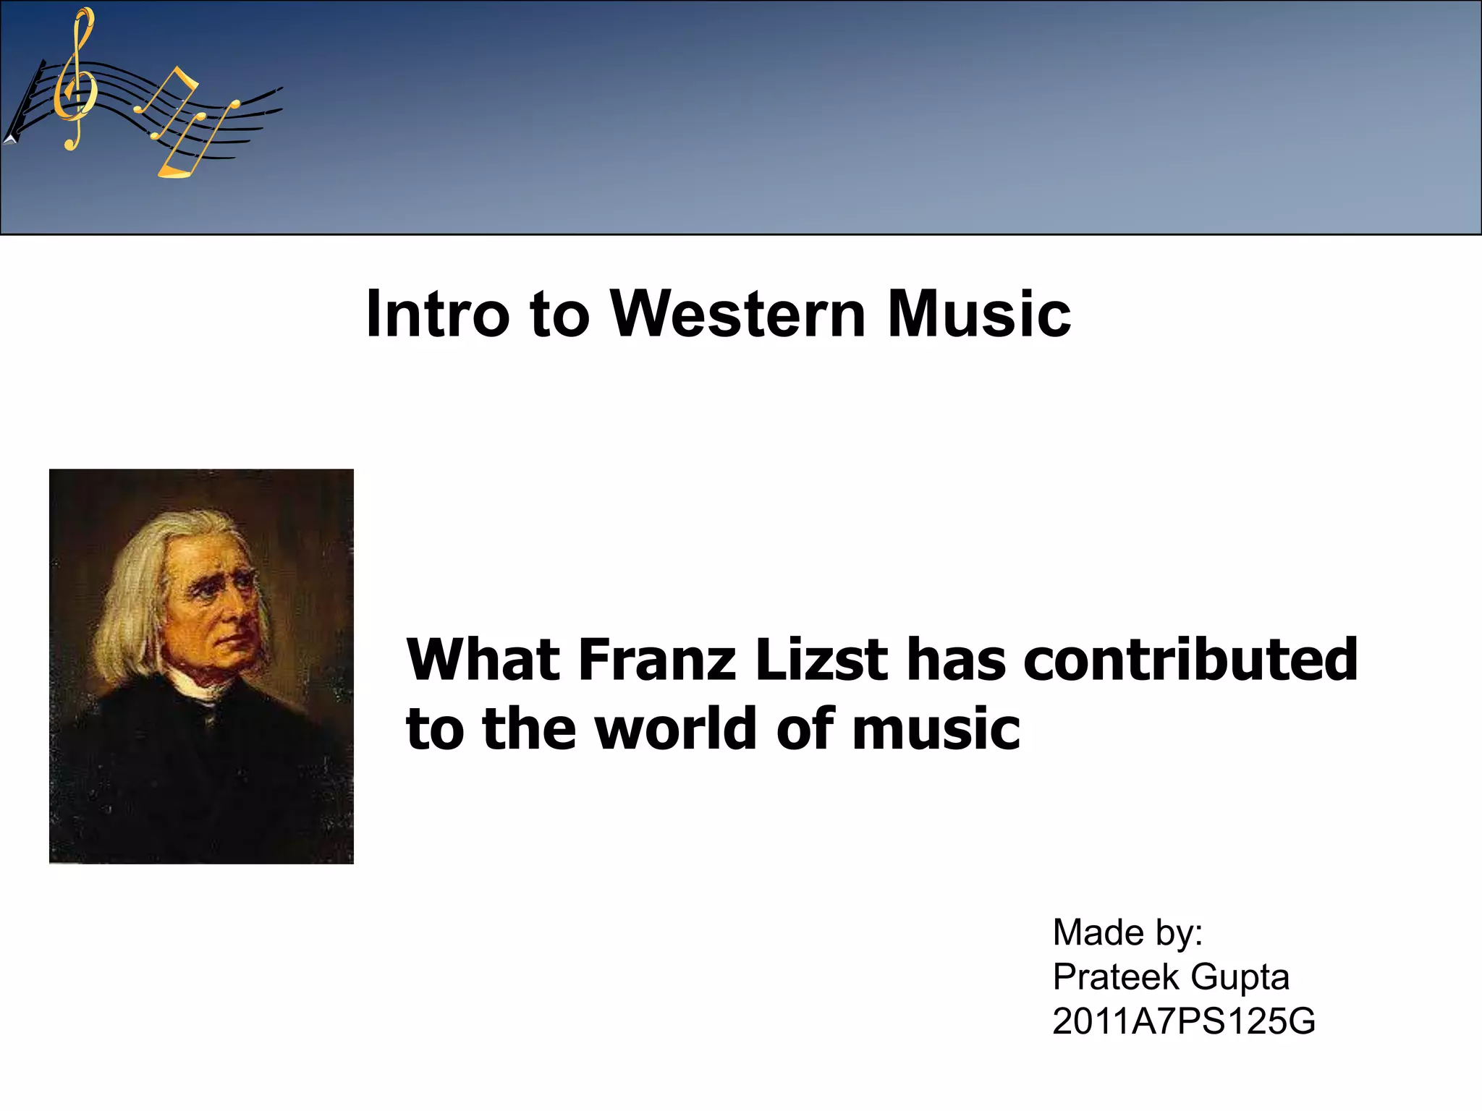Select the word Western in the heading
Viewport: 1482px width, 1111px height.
738,314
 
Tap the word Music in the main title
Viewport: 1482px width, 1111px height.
978,314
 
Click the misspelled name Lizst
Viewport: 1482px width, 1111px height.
821,660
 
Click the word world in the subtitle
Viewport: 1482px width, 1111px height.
677,728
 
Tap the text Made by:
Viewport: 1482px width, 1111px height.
1127,932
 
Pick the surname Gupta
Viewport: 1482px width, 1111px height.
1240,977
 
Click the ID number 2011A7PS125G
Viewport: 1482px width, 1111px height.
1183,1022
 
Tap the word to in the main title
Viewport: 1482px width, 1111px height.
559,314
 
